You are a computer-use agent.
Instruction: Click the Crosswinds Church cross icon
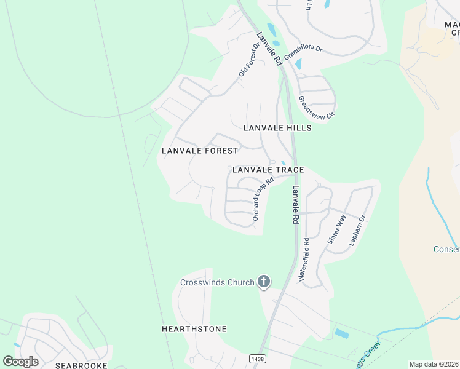coord(264,282)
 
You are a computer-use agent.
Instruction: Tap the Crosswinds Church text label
coord(217,282)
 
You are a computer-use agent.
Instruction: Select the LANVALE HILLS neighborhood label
coord(277,128)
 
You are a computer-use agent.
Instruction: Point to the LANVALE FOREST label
coord(199,151)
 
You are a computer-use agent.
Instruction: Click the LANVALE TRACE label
coord(268,170)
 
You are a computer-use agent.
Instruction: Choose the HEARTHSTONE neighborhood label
coord(194,329)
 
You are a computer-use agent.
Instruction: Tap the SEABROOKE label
coord(82,365)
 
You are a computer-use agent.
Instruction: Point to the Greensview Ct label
coord(316,107)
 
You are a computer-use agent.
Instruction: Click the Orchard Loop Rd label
coord(263,200)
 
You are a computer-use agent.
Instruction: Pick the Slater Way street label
coord(337,230)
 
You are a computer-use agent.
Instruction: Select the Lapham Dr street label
coord(357,231)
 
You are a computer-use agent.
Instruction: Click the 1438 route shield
coord(257,358)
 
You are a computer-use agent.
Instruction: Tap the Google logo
coord(20,362)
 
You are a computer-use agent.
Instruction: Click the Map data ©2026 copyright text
coord(434,364)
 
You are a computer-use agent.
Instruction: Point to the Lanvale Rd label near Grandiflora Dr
coord(269,49)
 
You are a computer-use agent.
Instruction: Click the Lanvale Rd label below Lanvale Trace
coord(296,204)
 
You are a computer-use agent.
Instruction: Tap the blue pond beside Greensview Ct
coord(298,64)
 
